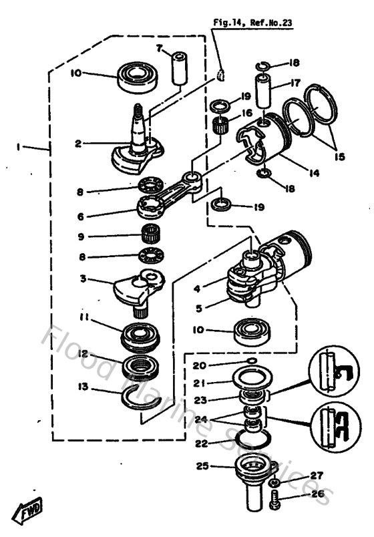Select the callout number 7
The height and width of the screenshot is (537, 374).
click(x=160, y=49)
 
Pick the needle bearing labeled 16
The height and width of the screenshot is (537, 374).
click(x=218, y=124)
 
